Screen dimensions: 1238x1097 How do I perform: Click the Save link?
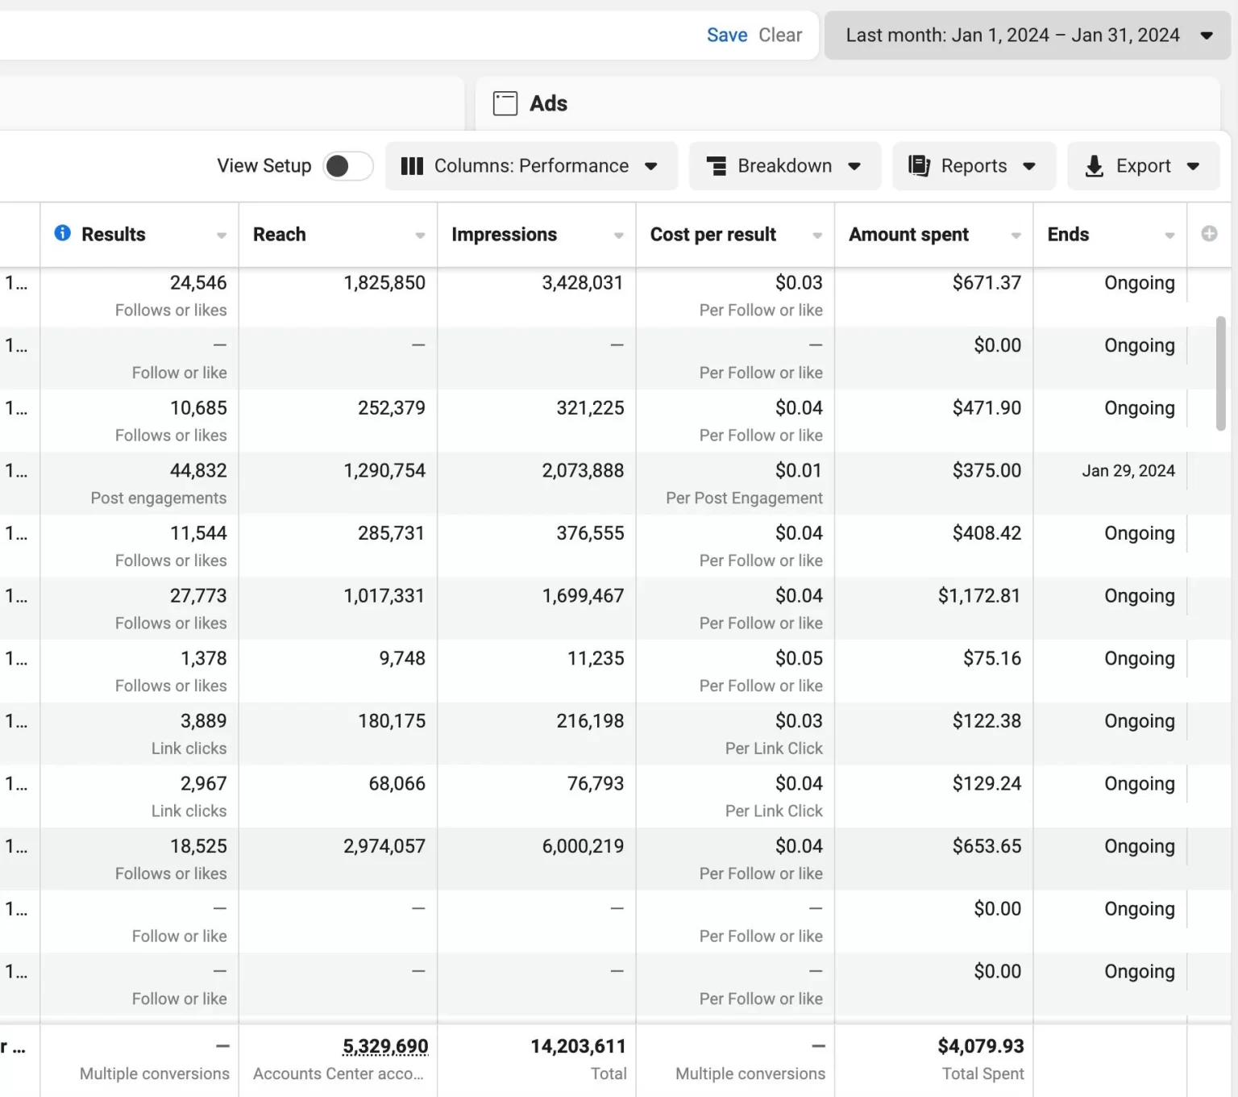[x=726, y=35]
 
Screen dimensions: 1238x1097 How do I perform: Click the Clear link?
[x=780, y=35]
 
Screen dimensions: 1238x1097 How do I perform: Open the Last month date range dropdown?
[x=1027, y=35]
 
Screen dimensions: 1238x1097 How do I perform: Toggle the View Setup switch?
[x=347, y=165]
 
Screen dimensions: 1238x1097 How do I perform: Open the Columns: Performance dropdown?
[x=530, y=165]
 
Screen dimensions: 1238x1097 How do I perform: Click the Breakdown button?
[x=784, y=165]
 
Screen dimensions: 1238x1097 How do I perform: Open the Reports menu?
[x=974, y=165]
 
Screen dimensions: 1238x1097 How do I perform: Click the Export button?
[x=1143, y=165]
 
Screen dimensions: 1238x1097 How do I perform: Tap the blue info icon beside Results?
[x=62, y=233]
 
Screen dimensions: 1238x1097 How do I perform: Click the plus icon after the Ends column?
[x=1209, y=234]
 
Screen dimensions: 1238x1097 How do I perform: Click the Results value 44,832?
[x=198, y=470]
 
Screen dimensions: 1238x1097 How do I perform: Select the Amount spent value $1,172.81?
[x=979, y=595]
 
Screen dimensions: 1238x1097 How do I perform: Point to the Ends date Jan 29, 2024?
[x=1128, y=471]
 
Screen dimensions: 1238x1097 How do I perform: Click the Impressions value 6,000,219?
[x=583, y=846]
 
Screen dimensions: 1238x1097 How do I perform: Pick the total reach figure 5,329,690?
[x=385, y=1046]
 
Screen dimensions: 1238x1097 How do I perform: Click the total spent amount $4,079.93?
[x=981, y=1046]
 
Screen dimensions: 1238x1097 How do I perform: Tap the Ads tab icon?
[x=505, y=103]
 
